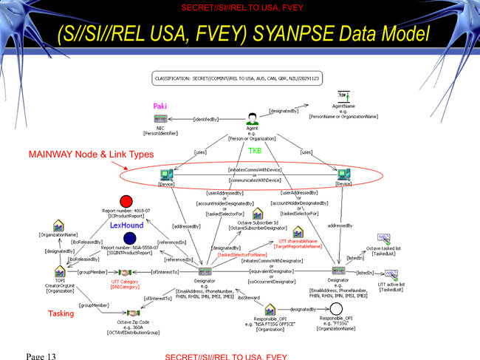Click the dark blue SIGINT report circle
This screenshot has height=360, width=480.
pos(130,238)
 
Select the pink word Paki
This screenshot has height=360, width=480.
pos(160,106)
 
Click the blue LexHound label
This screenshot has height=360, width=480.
pos(126,225)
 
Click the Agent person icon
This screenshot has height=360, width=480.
pos(252,118)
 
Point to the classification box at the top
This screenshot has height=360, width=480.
pos(236,77)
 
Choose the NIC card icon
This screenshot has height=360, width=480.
pos(161,118)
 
